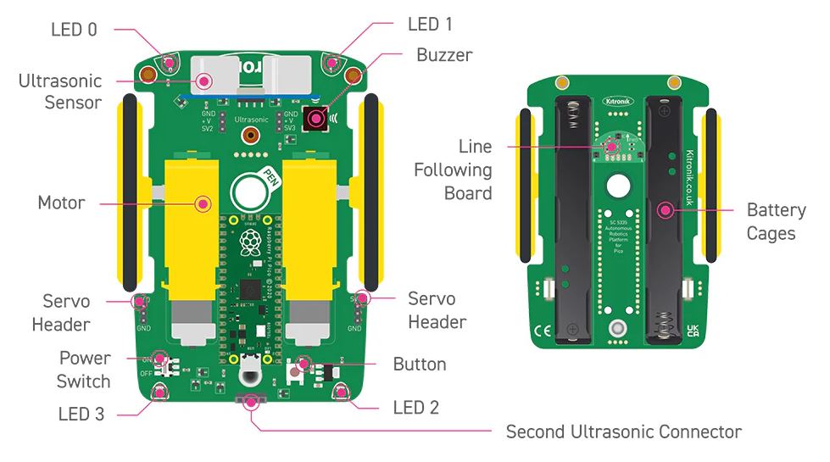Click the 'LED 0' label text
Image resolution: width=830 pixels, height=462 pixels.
tap(74, 30)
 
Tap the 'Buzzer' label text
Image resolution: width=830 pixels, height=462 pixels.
tap(444, 55)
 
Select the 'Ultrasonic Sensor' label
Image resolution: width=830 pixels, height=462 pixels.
tap(60, 92)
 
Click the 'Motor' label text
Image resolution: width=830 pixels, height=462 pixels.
tap(61, 203)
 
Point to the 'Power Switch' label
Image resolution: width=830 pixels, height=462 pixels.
tap(84, 370)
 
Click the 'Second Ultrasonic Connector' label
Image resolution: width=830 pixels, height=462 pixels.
tap(623, 431)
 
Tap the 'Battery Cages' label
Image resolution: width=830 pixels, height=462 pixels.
tap(776, 220)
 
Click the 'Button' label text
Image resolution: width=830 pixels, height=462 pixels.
tap(420, 365)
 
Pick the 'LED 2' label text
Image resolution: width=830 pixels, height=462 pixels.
tap(416, 408)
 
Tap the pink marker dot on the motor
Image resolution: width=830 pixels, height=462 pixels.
tap(203, 203)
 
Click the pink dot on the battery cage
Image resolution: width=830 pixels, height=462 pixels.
tap(666, 209)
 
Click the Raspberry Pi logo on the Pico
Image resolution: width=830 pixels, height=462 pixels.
tap(249, 241)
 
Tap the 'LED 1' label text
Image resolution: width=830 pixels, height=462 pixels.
tap(430, 25)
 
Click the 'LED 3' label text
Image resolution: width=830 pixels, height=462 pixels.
tap(81, 415)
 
